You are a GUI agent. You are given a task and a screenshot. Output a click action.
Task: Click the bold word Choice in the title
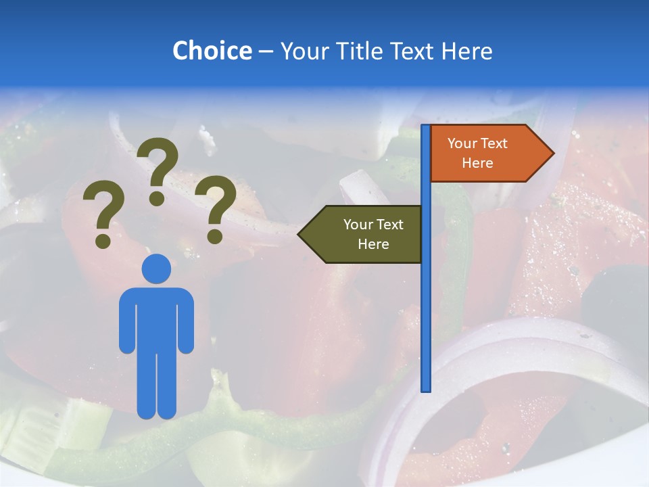(x=212, y=51)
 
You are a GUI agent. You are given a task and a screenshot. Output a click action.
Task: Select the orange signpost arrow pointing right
(x=487, y=154)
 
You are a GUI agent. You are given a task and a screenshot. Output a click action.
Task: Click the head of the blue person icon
(x=156, y=269)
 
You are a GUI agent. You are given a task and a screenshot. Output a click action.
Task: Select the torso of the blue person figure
(x=156, y=318)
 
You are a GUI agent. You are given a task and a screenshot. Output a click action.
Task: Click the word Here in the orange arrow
(x=477, y=163)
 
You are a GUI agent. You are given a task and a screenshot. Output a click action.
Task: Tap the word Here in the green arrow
(x=373, y=244)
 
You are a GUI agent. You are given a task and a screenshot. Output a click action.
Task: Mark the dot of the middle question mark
(x=157, y=198)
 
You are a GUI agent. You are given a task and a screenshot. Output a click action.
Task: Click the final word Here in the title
(x=467, y=51)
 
